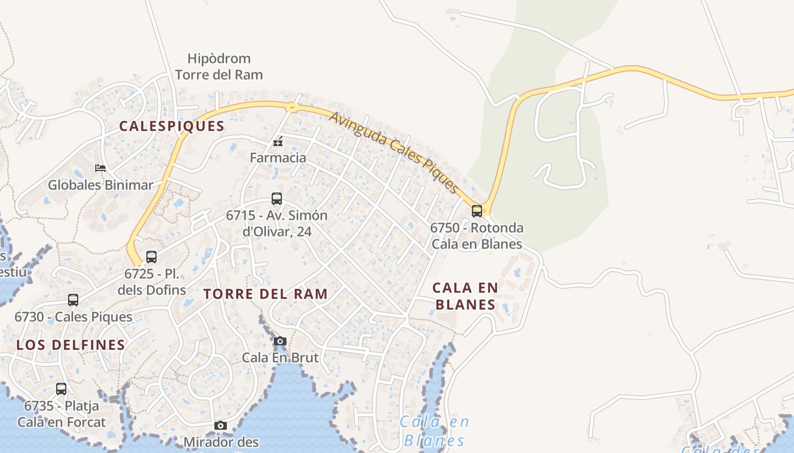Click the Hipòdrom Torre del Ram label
coord(219,66)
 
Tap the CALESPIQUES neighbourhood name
coord(172,126)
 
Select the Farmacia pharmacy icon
coord(278,142)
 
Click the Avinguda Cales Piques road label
coord(393,152)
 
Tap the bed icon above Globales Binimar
coord(100,168)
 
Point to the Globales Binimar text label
coord(100,185)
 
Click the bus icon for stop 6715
coord(277,199)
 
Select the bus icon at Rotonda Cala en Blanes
coord(477,211)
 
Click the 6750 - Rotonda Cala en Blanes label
coord(476,236)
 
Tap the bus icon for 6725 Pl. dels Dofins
coord(151,257)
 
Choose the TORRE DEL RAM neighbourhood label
coord(265,294)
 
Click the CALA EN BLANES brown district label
coord(465,296)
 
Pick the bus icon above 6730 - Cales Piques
coord(73,300)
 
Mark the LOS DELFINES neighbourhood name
coord(71,345)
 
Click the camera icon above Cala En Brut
coord(280,341)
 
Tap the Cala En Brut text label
coord(280,358)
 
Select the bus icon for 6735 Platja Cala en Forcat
coord(61,389)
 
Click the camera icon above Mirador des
coord(221,425)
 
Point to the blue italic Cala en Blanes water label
coord(434,431)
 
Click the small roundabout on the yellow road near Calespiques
coord(292,107)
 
